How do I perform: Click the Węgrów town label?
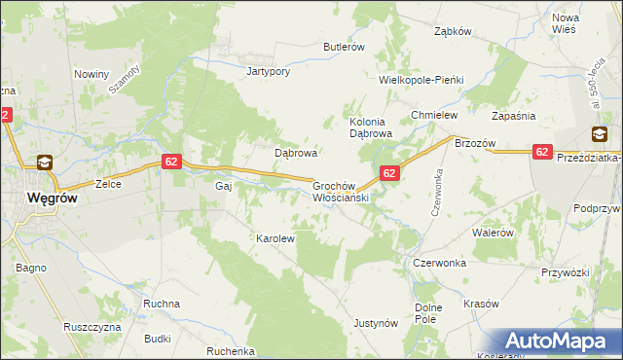tap(39, 198)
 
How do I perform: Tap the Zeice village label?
tap(107, 184)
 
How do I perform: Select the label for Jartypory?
tap(269, 71)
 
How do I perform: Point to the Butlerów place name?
tap(344, 47)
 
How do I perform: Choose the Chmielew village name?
tap(434, 115)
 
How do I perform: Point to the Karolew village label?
tap(275, 237)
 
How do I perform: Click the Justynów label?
tap(376, 322)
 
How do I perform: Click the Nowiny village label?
tap(92, 74)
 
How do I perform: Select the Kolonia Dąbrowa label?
tap(370, 127)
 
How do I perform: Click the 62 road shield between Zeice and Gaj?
tap(170, 162)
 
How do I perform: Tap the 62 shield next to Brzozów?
tap(543, 152)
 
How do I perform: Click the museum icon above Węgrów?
tap(45, 163)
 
